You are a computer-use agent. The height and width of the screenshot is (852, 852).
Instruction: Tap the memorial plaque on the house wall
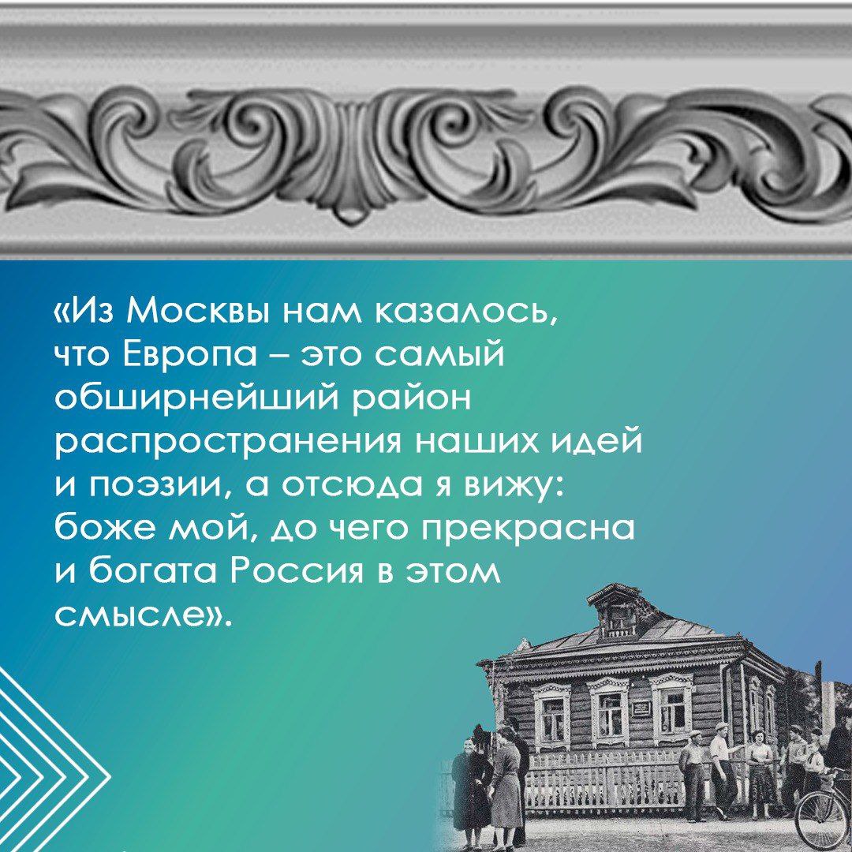click(x=641, y=707)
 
